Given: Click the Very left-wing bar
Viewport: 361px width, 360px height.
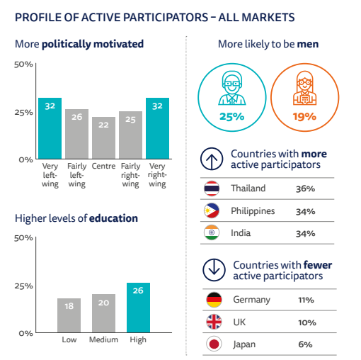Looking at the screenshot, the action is pos(50,128).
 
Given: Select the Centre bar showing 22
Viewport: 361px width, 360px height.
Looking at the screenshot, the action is pos(103,138).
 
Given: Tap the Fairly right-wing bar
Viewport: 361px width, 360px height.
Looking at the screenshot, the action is pos(130,135).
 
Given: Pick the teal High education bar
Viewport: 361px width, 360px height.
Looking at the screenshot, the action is pos(138,308).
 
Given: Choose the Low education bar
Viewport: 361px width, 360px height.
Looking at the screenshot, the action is pos(69,315).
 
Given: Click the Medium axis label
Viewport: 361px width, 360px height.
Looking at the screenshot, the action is pos(103,339).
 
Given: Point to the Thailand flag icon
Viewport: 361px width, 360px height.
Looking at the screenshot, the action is pos(212,189).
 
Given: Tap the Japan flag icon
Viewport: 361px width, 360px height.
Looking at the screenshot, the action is pos(214,344).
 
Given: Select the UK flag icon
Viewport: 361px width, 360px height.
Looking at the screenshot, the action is pos(214,322).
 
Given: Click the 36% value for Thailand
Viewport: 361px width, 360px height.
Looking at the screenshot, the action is pos(305,189).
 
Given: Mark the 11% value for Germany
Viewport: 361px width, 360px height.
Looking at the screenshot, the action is pos(306,300).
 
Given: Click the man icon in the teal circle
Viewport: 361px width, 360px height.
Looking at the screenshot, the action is pos(232,89).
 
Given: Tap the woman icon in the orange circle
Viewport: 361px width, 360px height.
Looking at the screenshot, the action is pos(304,88).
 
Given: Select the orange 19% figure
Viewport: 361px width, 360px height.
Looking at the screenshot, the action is pos(304,116).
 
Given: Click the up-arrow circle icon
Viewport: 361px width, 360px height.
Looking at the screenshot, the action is pos(212,159).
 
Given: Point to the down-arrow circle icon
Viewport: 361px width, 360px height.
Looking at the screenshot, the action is pos(214,270).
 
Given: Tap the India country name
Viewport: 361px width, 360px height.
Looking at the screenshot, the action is pos(241,233).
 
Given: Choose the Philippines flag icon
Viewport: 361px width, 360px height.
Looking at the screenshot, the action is pos(212,210).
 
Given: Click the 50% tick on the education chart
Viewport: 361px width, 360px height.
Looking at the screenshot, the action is pos(23,238).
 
